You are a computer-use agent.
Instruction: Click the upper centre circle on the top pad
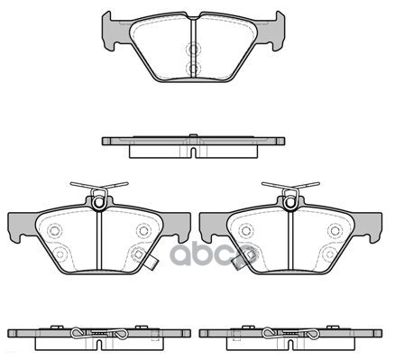tap(191, 51)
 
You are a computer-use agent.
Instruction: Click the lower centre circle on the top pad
tap(191, 68)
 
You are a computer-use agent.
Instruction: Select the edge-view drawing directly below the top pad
tap(195, 143)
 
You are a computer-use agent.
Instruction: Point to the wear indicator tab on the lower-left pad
tap(154, 263)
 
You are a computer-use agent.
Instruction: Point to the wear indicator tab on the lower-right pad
tap(238, 263)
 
